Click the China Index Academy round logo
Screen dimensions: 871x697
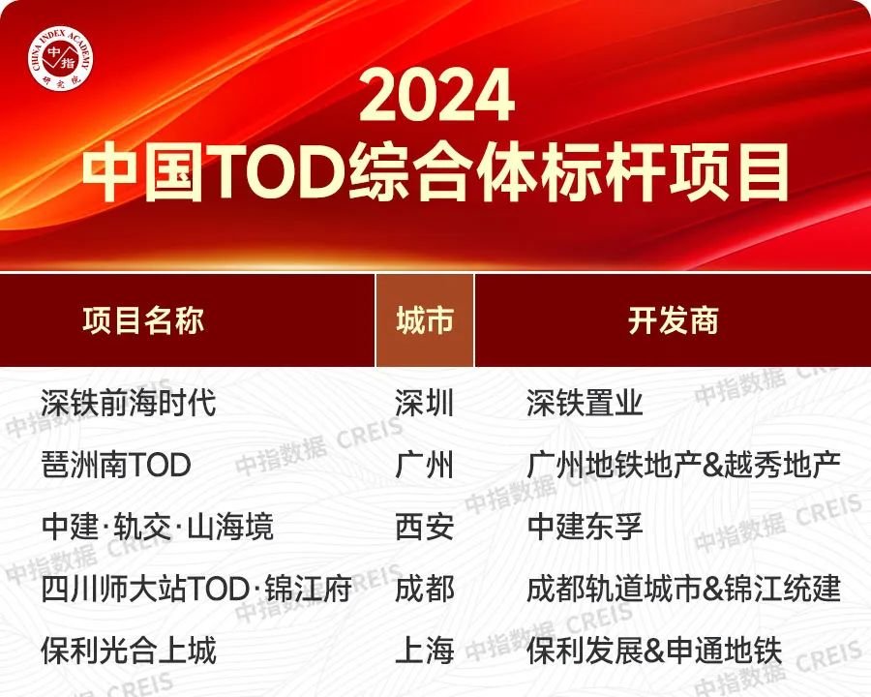pos(61,60)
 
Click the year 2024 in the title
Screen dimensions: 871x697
pos(436,95)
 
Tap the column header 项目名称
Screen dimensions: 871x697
pos(143,320)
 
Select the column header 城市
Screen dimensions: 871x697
pos(425,320)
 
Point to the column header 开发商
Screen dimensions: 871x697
pos(674,320)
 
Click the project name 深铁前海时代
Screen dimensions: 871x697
pos(129,403)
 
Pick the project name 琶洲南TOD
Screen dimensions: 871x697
pos(116,465)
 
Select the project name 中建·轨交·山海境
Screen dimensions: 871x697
pos(157,527)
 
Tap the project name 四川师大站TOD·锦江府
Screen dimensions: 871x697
pos(196,590)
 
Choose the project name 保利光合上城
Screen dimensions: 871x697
pos(129,651)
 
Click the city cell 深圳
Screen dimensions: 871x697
pos(425,403)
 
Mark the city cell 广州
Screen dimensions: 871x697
pos(425,465)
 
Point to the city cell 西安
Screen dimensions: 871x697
pos(425,527)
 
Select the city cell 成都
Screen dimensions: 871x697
pos(425,590)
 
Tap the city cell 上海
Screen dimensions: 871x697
pos(425,651)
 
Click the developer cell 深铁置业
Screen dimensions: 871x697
pos(585,403)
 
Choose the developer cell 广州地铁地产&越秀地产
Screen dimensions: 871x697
pos(684,465)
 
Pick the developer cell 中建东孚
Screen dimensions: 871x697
pos(585,527)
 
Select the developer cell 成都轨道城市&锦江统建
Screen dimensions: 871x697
pos(684,590)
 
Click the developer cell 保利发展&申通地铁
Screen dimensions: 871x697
pos(655,651)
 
